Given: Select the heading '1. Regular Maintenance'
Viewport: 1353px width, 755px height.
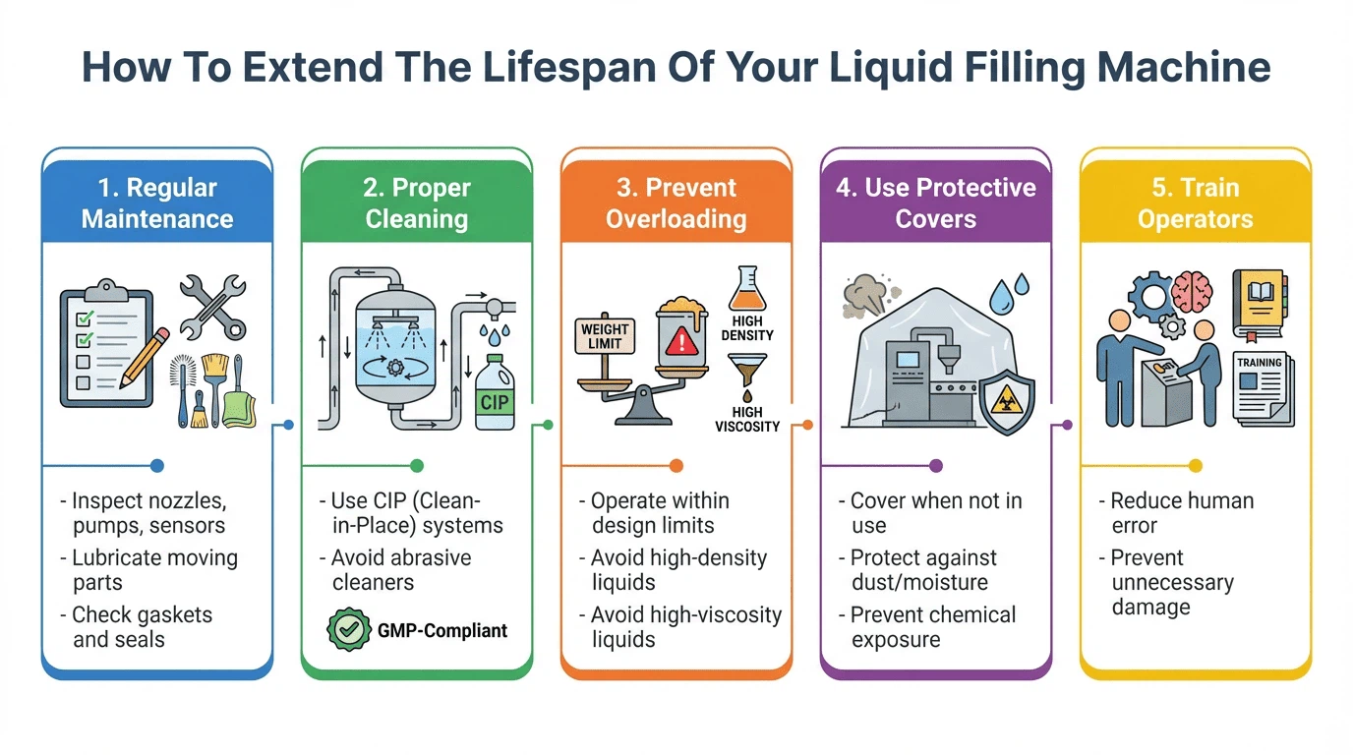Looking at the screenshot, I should click(157, 203).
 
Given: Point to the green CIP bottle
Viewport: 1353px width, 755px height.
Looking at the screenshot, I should click(494, 393).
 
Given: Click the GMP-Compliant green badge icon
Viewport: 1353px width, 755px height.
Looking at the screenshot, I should click(347, 630).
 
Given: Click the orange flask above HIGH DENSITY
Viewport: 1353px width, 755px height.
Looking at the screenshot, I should click(746, 290).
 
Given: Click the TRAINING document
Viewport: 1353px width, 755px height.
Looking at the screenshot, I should click(1263, 388).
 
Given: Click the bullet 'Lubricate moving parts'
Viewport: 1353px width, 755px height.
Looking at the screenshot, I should click(154, 570).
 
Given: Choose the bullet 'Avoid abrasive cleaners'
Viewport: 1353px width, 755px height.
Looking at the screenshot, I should click(400, 570).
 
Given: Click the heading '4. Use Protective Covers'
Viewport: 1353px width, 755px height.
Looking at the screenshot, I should click(936, 203).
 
